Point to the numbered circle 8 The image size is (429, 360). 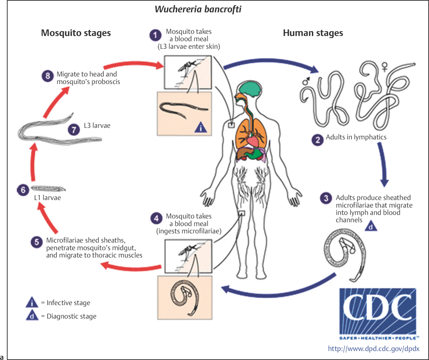click(x=46, y=76)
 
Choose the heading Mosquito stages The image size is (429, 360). click(x=76, y=33)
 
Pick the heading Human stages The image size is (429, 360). click(x=313, y=33)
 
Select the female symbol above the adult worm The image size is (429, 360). click(x=404, y=66)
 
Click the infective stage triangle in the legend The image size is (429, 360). click(x=32, y=303)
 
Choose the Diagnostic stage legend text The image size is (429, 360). click(x=69, y=316)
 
